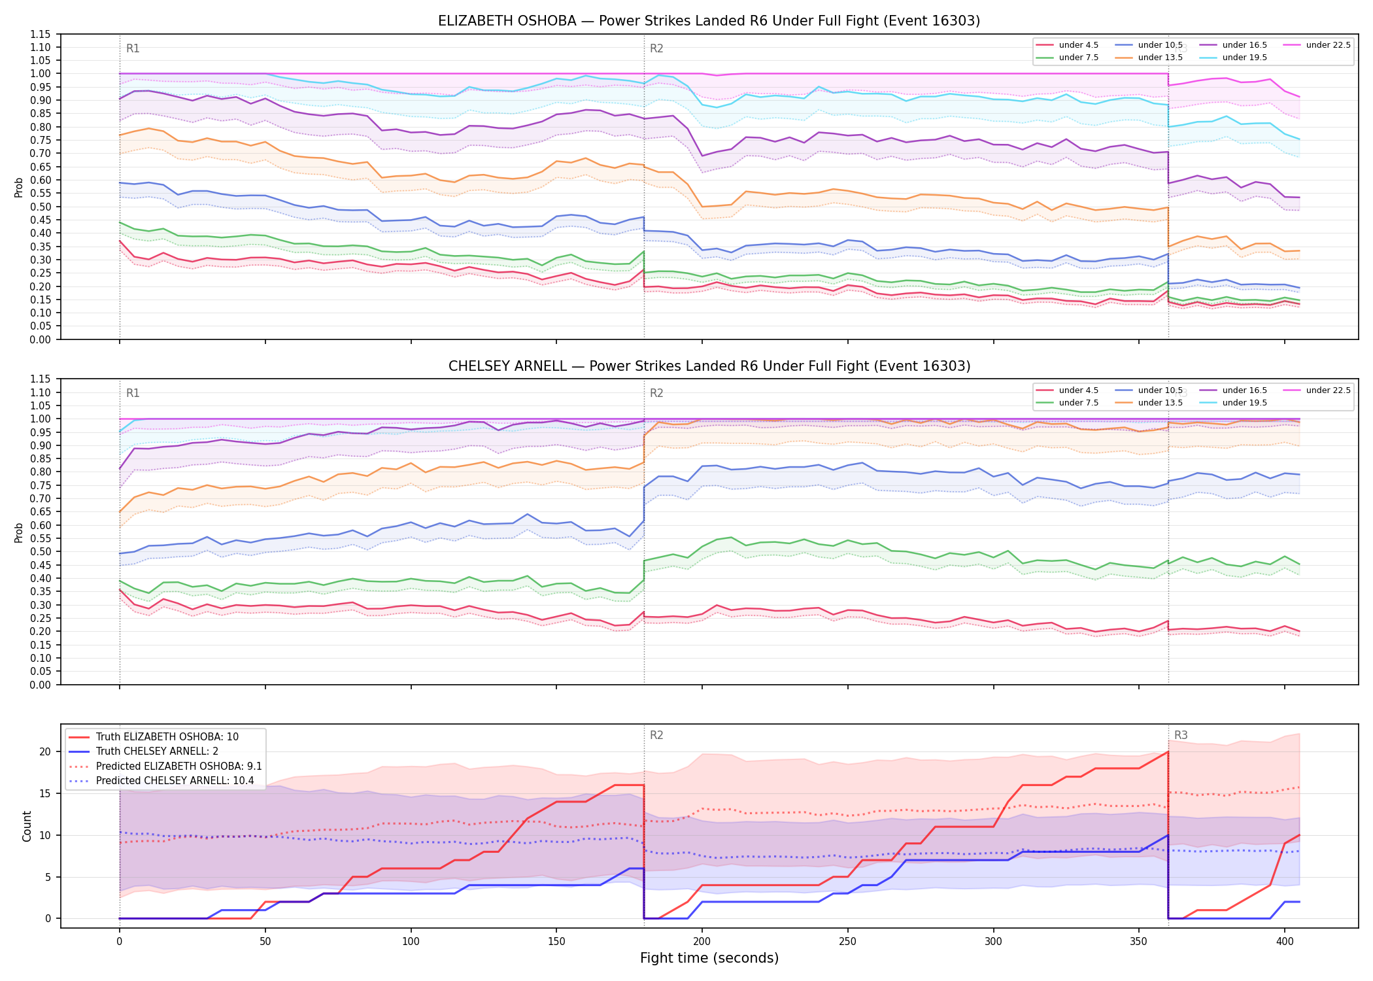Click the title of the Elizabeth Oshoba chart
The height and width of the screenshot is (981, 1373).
pos(709,21)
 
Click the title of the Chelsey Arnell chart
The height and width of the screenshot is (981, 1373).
pos(709,366)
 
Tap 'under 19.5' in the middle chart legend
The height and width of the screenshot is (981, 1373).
pos(1245,403)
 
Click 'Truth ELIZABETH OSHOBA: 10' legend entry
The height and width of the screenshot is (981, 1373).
pos(167,737)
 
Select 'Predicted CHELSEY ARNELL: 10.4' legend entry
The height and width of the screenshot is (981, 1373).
pos(175,781)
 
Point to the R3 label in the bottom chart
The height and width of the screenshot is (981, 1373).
pos(1181,735)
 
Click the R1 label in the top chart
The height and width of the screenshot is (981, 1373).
pos(133,48)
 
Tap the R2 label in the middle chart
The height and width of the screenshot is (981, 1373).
pos(656,393)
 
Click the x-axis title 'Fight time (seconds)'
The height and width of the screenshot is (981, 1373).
pos(709,958)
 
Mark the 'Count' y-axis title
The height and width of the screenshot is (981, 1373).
pos(27,826)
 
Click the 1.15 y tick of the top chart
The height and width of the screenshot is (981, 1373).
pos(41,34)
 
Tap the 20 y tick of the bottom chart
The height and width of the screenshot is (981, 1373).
pos(45,751)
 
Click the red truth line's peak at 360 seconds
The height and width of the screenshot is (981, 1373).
pos(1168,752)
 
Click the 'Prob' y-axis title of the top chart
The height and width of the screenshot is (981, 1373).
pos(19,188)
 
